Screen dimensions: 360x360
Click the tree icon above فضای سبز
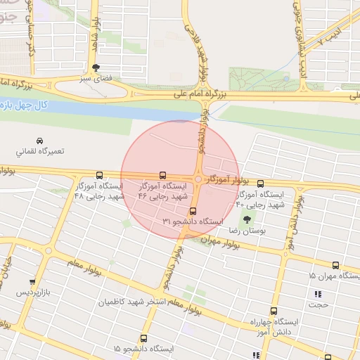[96, 67]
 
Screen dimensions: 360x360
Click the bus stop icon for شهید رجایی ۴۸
[98, 175]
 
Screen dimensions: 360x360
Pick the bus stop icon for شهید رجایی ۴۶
[162, 175]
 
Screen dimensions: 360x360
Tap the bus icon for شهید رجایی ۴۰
[260, 182]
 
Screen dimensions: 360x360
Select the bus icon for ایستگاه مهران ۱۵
[335, 266]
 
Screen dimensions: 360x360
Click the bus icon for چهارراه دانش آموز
[273, 311]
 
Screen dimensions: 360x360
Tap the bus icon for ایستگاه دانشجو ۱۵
[143, 338]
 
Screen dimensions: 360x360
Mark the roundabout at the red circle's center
[199, 180]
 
